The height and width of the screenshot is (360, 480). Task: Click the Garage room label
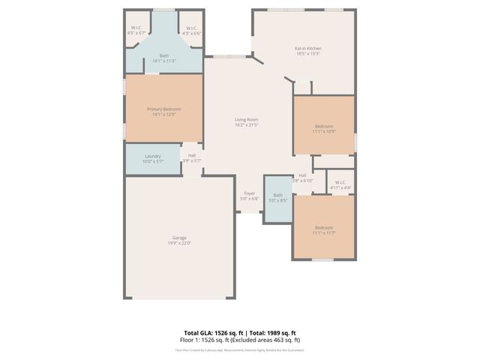(x=179, y=238)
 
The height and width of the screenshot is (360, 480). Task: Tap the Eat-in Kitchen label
(x=307, y=49)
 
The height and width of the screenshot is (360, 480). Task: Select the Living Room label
(x=247, y=119)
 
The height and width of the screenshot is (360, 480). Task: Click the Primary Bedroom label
(x=163, y=109)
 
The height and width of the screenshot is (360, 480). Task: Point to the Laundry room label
(x=153, y=156)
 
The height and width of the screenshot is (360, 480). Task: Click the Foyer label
(x=249, y=193)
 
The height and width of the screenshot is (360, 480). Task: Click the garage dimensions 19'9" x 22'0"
(x=179, y=243)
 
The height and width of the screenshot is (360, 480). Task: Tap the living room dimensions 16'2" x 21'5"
(x=247, y=124)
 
